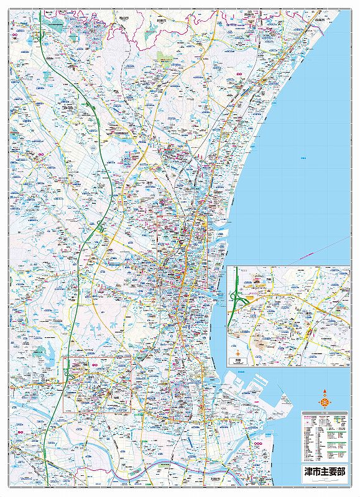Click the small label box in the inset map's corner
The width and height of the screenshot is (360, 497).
238,360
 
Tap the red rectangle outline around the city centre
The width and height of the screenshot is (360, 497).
157,248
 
